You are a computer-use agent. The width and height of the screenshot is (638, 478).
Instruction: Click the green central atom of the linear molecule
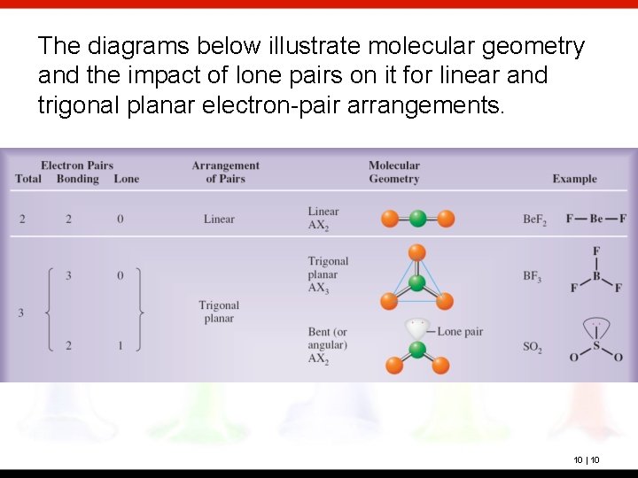point(417,219)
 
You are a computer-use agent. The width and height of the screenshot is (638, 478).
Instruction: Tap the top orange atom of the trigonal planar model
point(417,253)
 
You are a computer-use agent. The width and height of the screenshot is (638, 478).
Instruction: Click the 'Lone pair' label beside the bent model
point(460,331)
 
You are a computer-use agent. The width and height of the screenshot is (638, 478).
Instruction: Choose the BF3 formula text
point(533,277)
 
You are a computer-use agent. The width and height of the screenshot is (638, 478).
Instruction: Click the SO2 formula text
point(532,348)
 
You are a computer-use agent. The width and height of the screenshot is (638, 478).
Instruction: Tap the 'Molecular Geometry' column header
point(393,172)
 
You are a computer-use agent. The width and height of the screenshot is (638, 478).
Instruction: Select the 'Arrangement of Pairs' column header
point(225,172)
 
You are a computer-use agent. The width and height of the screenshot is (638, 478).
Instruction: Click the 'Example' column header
point(574,179)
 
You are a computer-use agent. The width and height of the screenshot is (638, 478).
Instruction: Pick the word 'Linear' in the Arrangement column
point(219,220)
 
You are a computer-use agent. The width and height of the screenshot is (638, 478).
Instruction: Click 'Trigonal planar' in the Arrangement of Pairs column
point(219,312)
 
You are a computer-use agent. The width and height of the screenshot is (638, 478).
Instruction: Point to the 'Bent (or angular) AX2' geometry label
point(328,345)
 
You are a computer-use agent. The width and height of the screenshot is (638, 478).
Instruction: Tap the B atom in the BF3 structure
point(596,276)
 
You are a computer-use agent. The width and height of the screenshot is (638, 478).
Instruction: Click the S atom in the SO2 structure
point(595,346)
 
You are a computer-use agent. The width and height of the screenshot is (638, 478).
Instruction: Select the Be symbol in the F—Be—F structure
point(596,219)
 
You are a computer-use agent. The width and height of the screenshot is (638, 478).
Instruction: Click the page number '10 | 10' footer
point(586,459)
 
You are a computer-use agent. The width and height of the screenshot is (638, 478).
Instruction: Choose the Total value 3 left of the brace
point(20,312)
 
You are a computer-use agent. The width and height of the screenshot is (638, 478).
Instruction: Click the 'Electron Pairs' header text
point(77,166)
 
